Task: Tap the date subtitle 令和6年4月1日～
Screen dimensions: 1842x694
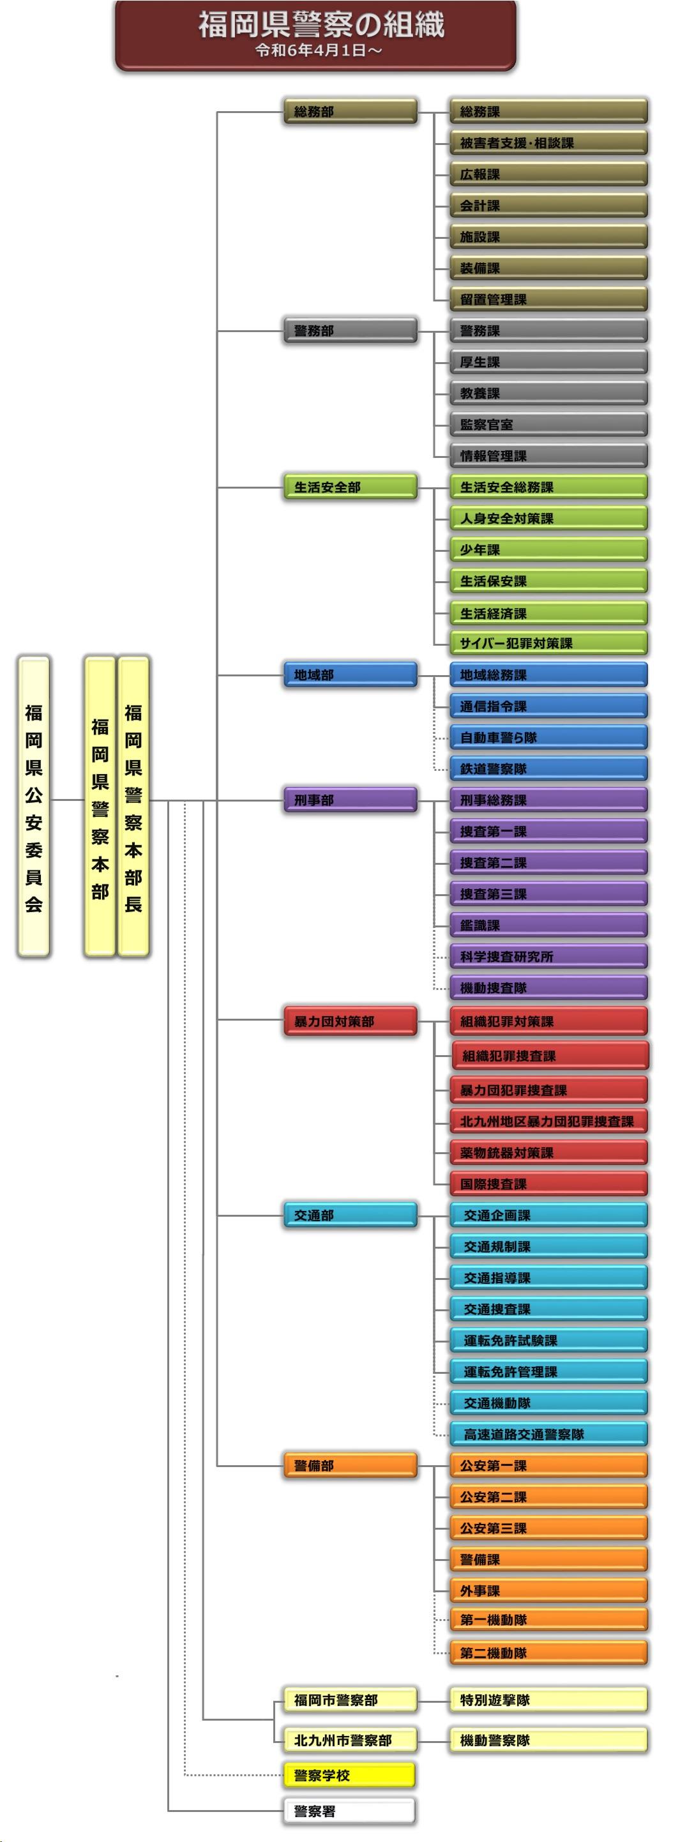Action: pos(319,50)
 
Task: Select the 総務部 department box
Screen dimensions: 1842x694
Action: pos(349,112)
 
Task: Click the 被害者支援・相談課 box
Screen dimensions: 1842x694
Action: pos(548,143)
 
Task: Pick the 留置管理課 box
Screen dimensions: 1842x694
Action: pos(548,300)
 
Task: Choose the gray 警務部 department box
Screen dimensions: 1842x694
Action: pos(349,330)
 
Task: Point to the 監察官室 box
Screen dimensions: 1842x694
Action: pos(548,425)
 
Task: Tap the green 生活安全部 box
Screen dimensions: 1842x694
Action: pos(349,487)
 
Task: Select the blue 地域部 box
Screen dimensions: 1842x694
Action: pos(349,675)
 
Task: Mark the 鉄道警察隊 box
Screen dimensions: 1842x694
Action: pos(548,769)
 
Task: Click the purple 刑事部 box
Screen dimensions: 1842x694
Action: pos(349,800)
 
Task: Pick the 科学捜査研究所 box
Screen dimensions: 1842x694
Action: pos(548,957)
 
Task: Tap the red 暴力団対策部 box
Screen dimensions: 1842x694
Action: pos(349,1021)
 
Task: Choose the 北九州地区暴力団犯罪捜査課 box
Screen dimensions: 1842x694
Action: pos(548,1121)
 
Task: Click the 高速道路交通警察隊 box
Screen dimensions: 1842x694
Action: pos(548,1435)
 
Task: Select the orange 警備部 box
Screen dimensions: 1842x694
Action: pos(349,1466)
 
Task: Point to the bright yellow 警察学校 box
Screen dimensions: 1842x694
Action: pos(349,1775)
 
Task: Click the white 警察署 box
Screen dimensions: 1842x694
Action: pos(349,1811)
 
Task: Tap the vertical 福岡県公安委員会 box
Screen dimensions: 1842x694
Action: pos(34,807)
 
